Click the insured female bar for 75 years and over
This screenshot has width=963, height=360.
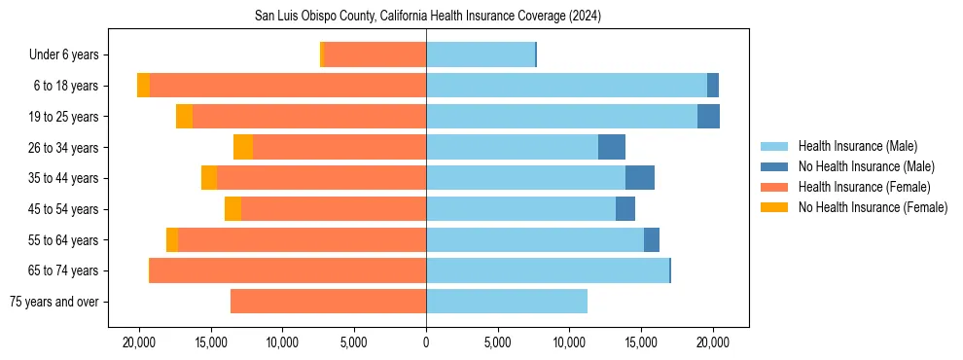(x=328, y=302)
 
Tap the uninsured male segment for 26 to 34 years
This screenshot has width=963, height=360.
(x=611, y=147)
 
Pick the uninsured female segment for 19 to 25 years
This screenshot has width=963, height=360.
(x=184, y=117)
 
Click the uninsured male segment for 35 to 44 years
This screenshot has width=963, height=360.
(x=639, y=178)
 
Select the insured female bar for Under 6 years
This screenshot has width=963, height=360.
(x=374, y=55)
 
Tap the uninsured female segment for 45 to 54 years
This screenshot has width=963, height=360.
(x=232, y=209)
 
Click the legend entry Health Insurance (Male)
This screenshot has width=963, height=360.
(x=857, y=146)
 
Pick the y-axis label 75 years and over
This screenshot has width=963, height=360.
(x=54, y=302)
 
